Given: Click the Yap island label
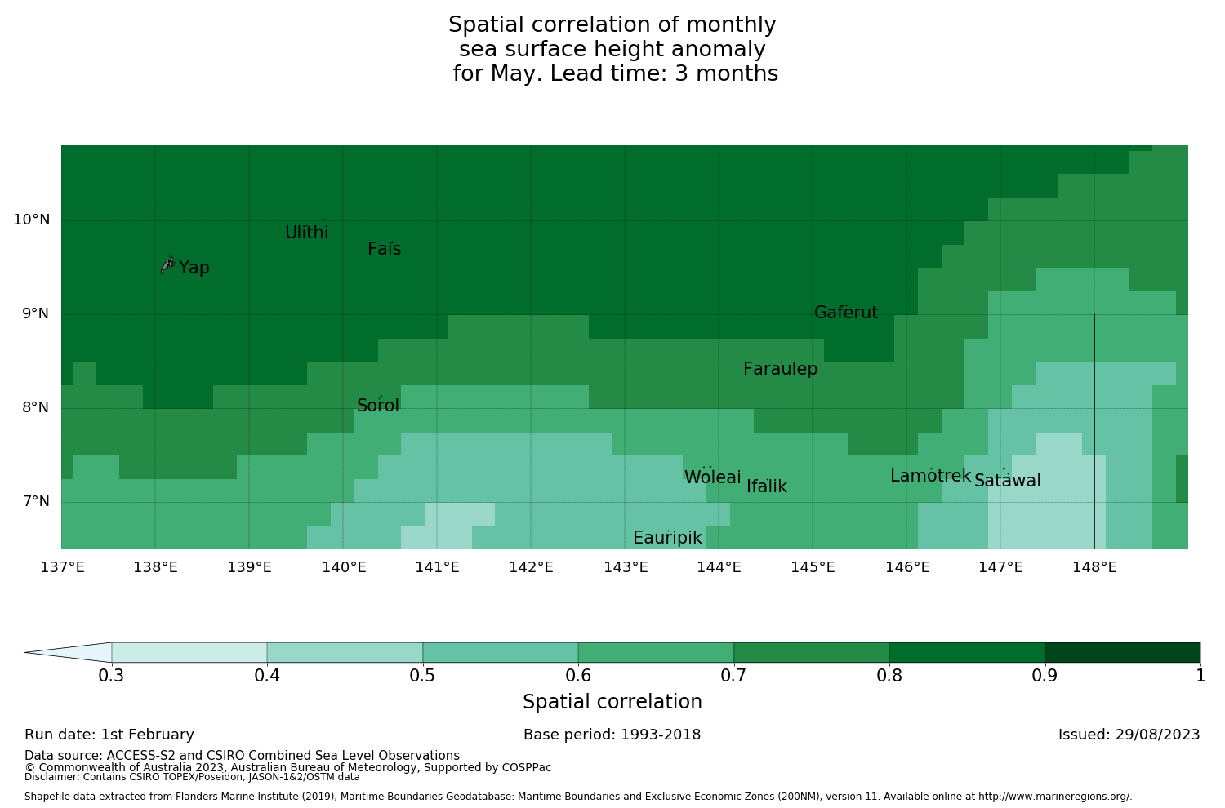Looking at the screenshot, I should tap(194, 268).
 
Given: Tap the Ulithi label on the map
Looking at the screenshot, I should tap(306, 233).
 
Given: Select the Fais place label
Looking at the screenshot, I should tap(384, 249).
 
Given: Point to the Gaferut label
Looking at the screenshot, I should tap(845, 313).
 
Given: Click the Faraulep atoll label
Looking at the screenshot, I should tap(780, 369).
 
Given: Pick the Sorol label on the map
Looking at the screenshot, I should tap(377, 406).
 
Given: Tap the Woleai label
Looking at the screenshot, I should tap(712, 477).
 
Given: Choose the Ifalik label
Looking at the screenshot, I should tap(766, 486).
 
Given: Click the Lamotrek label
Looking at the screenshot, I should tap(930, 476).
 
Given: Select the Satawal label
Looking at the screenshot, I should tap(1007, 481).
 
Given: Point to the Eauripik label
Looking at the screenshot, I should tap(667, 538).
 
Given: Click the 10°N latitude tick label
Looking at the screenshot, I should tap(31, 220).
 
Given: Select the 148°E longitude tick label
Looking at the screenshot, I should tap(1094, 567).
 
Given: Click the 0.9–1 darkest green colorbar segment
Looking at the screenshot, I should tap(1122, 652).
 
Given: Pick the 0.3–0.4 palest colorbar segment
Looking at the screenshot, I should tap(189, 652).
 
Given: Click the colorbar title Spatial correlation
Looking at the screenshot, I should tap(612, 702).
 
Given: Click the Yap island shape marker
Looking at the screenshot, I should tap(167, 264).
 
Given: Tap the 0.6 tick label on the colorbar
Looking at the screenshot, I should tap(577, 676).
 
